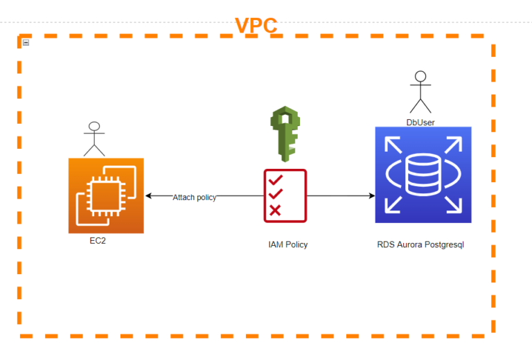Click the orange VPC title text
pos(256,26)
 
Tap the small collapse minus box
pos(26,43)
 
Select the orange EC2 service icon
pos(106,196)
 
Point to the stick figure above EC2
pos(94,138)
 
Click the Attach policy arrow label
pos(195,197)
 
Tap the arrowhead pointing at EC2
pos(148,197)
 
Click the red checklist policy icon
pos(285,196)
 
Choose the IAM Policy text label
pos(287,244)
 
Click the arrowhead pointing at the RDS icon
pos(371,196)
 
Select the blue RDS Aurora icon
pos(423,175)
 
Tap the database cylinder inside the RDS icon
pos(423,174)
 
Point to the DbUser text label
pos(420,123)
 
